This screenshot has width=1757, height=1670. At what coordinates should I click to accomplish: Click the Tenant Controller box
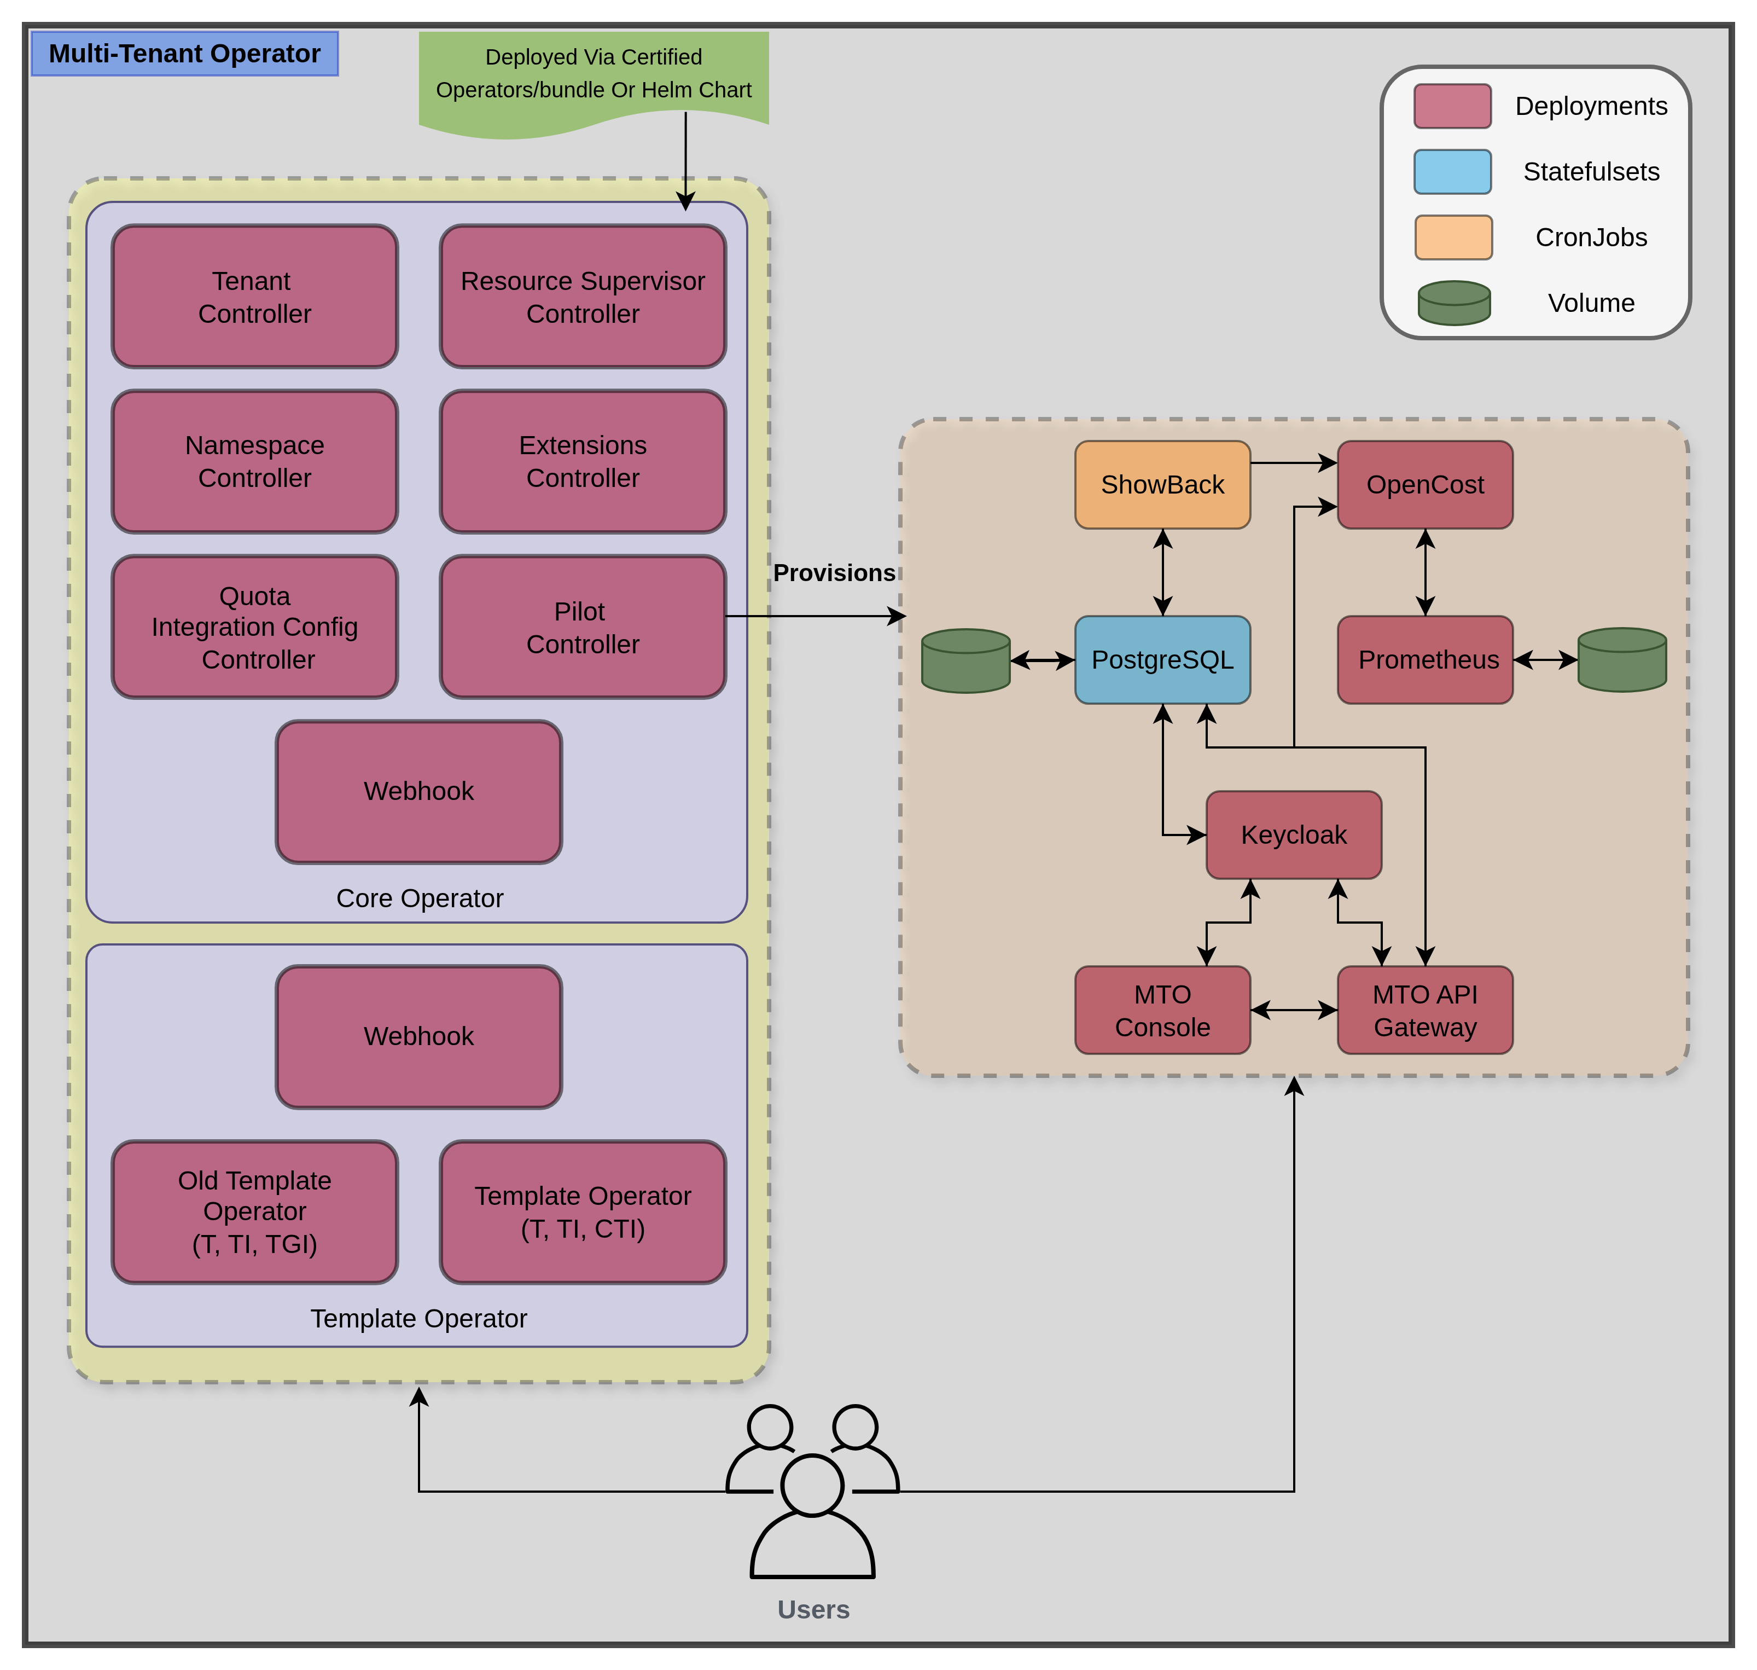tap(254, 297)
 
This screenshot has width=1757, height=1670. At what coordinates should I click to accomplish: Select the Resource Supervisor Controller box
tap(583, 297)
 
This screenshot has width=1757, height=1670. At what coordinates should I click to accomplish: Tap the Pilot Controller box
tap(583, 627)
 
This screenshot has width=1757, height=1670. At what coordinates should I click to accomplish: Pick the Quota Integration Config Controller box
tap(254, 627)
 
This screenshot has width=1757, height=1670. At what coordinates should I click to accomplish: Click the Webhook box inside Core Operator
tap(418, 791)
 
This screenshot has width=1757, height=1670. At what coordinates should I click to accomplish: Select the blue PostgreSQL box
tap(1162, 660)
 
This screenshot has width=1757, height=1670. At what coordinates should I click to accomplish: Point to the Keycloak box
tap(1293, 835)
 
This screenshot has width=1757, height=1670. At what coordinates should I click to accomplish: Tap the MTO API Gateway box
tap(1425, 1010)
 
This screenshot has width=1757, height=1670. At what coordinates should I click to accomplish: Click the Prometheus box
tap(1425, 660)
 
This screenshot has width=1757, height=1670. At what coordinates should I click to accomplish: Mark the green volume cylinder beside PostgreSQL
tap(965, 660)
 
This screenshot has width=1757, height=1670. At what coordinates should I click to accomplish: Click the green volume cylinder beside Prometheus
tap(1622, 660)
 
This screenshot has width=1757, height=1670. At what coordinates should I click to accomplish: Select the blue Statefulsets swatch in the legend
tap(1453, 172)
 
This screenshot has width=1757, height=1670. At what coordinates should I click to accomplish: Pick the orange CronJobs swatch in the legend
tap(1453, 237)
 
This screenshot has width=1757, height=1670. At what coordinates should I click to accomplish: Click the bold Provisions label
tap(834, 573)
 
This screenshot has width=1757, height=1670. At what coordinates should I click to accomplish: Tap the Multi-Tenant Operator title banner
tap(185, 54)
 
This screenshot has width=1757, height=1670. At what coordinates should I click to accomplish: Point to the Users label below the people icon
tap(813, 1609)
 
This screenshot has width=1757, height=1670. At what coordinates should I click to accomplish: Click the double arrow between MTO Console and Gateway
tap(1293, 1010)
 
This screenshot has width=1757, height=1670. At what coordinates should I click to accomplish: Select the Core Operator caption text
tap(419, 898)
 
